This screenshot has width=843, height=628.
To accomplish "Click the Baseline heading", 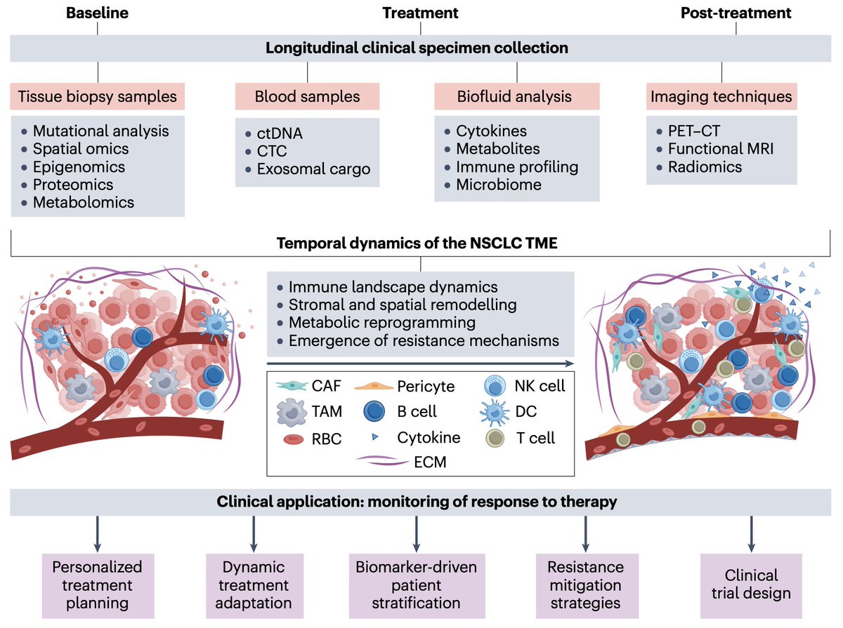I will coord(98,13).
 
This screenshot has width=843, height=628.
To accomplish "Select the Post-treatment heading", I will coord(736,13).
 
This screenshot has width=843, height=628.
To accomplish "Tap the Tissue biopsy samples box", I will coord(98,97).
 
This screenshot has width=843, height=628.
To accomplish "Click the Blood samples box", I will coord(307,97).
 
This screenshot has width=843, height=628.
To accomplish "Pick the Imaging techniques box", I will coord(722,97).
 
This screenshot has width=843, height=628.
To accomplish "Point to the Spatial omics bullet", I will coord(81,149).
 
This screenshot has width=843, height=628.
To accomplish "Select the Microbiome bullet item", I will coord(499,185).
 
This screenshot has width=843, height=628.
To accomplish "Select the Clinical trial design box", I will coord(752,584).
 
